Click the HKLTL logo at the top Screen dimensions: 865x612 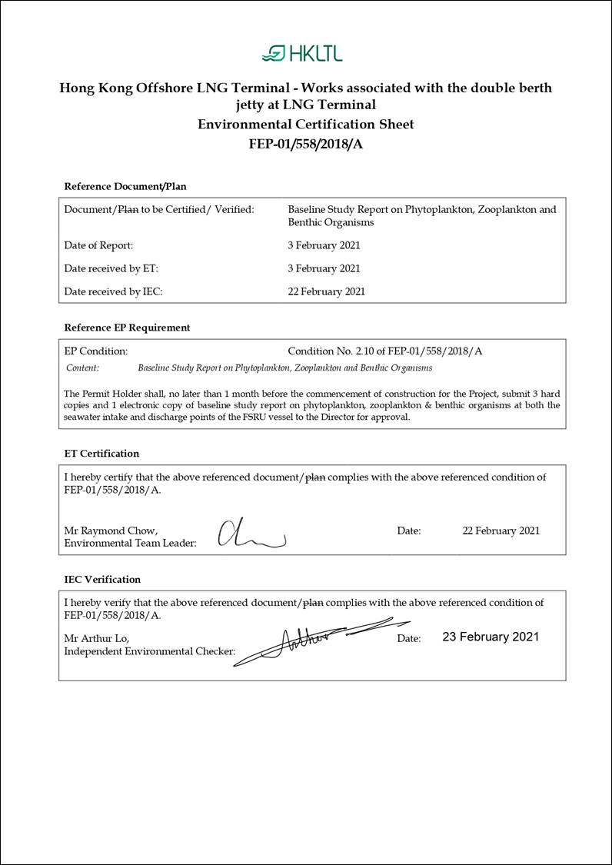click(302, 53)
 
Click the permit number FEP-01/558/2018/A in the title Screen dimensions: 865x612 click(305, 144)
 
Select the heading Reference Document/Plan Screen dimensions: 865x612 click(125, 186)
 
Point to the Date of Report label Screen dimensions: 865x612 click(98, 245)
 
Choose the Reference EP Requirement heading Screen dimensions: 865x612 click(127, 328)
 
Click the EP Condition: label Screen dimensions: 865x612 click(96, 351)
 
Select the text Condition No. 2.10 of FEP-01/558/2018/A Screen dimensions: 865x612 click(384, 351)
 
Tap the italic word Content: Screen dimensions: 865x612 click(83, 368)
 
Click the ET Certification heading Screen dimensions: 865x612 click(101, 454)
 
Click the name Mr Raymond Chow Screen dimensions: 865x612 click(111, 531)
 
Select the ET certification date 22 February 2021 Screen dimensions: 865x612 click(501, 531)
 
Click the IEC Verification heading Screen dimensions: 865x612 click(102, 579)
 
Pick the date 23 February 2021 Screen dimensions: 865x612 click(491, 637)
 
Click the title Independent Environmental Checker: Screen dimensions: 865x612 click(150, 651)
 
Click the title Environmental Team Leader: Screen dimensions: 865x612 click(130, 543)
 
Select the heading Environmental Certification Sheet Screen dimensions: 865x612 click(305, 125)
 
